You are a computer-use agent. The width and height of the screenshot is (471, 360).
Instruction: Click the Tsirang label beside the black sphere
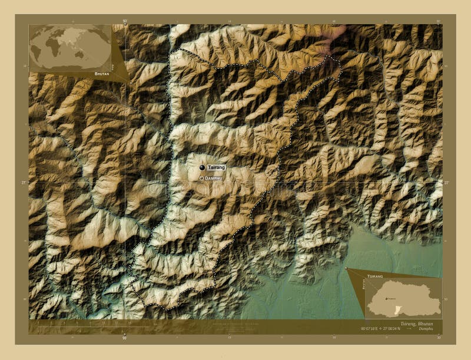[216, 168]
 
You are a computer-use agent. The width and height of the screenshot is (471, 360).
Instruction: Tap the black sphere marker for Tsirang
[202, 168]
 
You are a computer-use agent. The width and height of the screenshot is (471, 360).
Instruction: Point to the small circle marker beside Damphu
[201, 178]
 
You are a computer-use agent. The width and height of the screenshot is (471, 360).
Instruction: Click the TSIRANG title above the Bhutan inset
[375, 275]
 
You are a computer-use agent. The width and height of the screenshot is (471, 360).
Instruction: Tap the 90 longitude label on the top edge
[125, 21]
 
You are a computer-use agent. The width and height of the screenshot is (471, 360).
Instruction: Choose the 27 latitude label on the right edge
[446, 183]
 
